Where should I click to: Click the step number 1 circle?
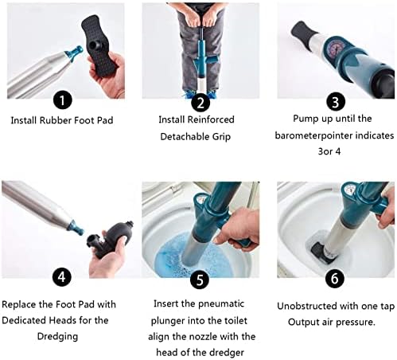(63, 100)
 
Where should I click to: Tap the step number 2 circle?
(200, 102)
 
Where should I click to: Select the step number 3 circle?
(336, 102)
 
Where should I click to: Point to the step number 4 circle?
(62, 276)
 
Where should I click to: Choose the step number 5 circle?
(200, 279)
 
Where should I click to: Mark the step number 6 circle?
(335, 278)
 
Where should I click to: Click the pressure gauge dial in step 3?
(334, 49)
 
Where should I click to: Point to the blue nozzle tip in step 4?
(77, 226)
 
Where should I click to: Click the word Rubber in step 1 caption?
(55, 120)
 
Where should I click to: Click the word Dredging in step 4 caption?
(57, 336)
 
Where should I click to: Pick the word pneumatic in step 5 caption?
(221, 303)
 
